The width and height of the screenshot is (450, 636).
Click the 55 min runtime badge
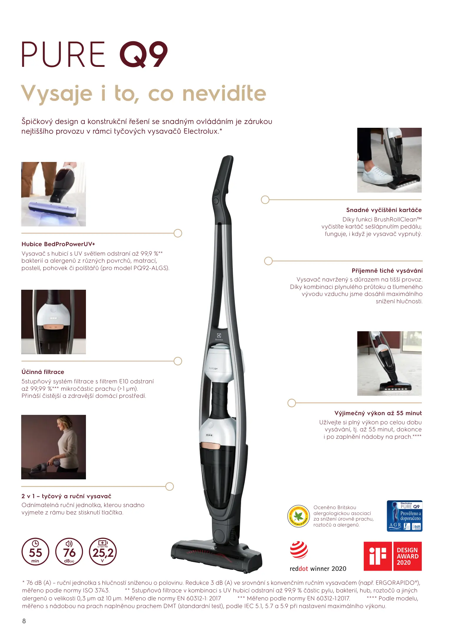pos(35,551)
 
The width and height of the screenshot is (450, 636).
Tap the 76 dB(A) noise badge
pos(69,551)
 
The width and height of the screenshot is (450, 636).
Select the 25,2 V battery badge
pos(103,551)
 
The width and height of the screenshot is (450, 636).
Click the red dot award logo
pos(299,550)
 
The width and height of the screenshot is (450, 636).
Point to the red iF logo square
pos(378,556)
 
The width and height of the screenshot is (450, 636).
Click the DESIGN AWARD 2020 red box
pos(408,556)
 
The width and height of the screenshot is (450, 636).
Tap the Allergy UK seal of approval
pos(298,516)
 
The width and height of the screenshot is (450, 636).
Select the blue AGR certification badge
pos(405,516)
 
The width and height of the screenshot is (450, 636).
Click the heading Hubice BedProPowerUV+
pos(58,244)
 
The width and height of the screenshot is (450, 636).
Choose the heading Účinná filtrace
pos(43,372)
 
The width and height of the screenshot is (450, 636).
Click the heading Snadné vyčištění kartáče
pos(384,210)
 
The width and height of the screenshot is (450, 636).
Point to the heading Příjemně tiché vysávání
pos(387,271)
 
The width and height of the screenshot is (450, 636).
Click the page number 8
pos(24,621)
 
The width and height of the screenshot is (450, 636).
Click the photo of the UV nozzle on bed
pos(54,194)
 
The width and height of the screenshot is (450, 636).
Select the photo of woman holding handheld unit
pos(54,447)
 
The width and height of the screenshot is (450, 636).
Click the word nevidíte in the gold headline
pos(224,93)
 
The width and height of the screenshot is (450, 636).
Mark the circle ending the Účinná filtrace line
pos(178,361)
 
